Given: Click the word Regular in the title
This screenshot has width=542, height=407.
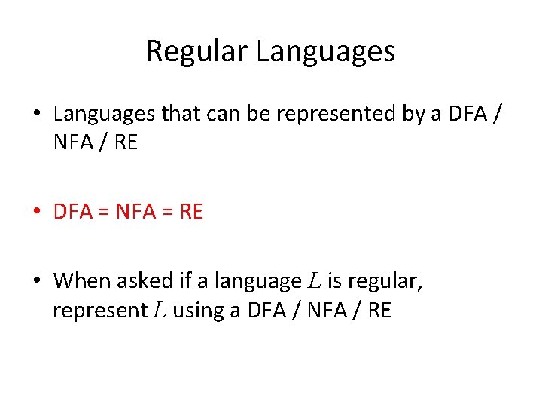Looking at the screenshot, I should click(197, 51).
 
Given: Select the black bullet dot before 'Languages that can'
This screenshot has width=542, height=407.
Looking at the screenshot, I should click(37, 115).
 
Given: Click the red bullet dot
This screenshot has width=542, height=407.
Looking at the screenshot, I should click(37, 213).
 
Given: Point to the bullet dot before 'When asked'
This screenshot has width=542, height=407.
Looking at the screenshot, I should click(37, 282).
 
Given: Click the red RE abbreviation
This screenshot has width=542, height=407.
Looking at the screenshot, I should click(192, 213).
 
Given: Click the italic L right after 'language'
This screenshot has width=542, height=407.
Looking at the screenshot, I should click(315, 281).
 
